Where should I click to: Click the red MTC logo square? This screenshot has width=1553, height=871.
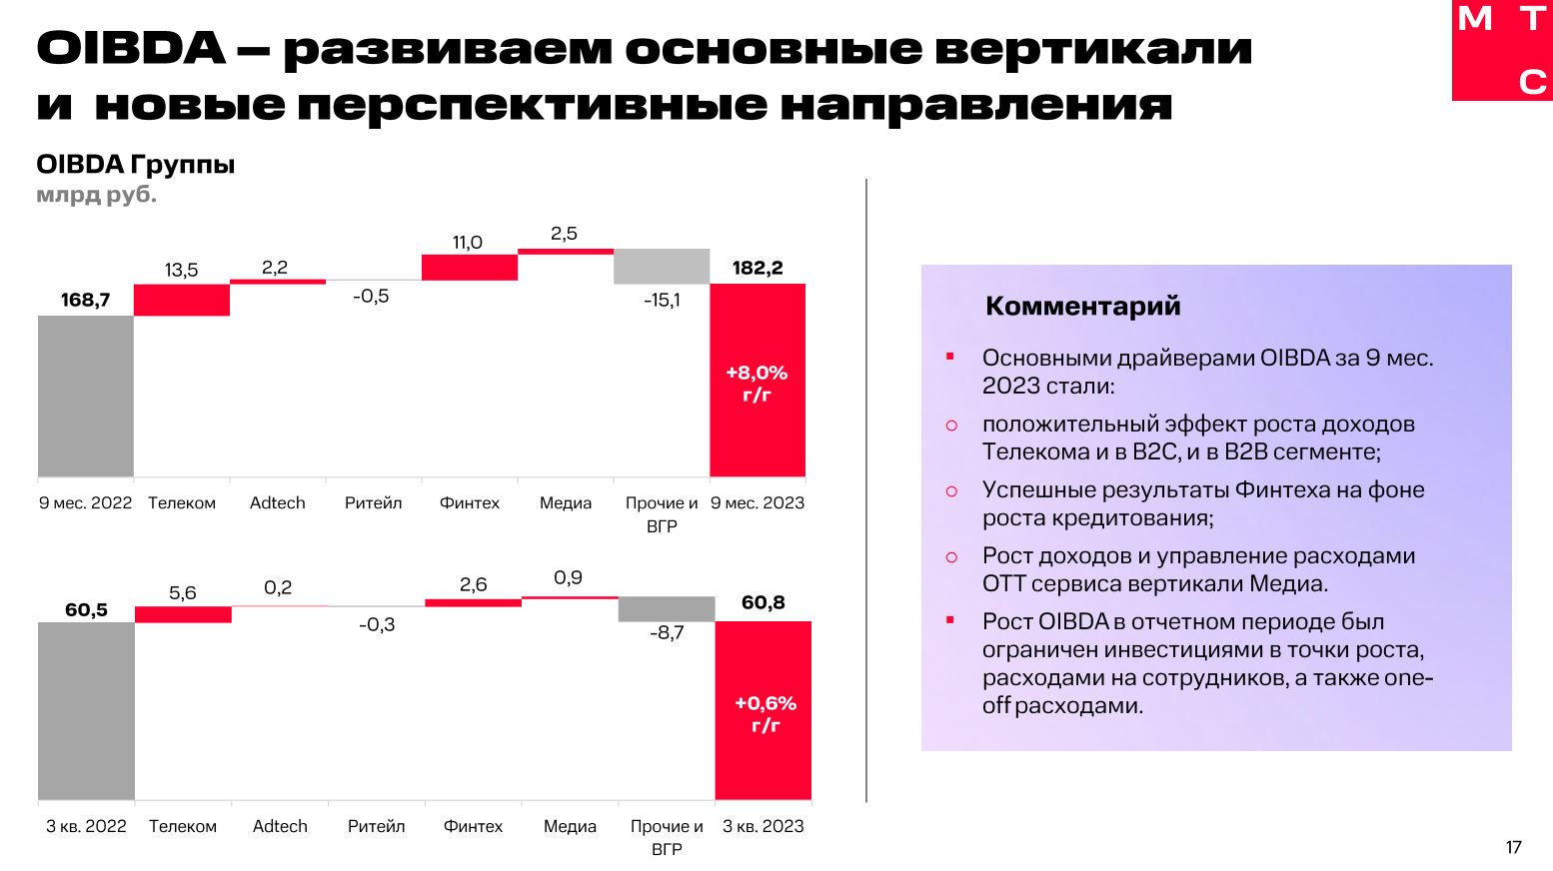(1502, 50)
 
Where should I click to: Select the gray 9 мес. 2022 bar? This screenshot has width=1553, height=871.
(86, 396)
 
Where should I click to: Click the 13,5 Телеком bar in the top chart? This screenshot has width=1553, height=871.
(182, 300)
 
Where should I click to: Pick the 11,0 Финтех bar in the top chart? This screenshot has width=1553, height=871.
(470, 267)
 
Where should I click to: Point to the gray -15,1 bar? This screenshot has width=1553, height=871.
(662, 267)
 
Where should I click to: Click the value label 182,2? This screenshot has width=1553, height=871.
(758, 268)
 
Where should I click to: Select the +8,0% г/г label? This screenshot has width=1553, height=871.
(758, 384)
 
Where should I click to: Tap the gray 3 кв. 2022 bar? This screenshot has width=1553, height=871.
(86, 710)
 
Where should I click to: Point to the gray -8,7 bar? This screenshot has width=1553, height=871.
(667, 609)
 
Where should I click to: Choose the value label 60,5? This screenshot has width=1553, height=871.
(86, 609)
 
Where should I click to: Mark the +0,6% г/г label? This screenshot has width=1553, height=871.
(766, 714)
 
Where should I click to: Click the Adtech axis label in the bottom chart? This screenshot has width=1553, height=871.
(280, 826)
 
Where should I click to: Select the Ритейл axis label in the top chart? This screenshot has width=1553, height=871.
(374, 502)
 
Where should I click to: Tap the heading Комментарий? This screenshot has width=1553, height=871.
(1083, 306)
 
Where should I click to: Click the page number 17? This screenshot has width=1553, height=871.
(1513, 847)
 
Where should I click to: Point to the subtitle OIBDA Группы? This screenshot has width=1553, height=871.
(136, 165)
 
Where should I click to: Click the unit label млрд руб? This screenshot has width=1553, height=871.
(97, 195)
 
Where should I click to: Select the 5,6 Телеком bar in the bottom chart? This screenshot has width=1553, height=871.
(183, 614)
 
